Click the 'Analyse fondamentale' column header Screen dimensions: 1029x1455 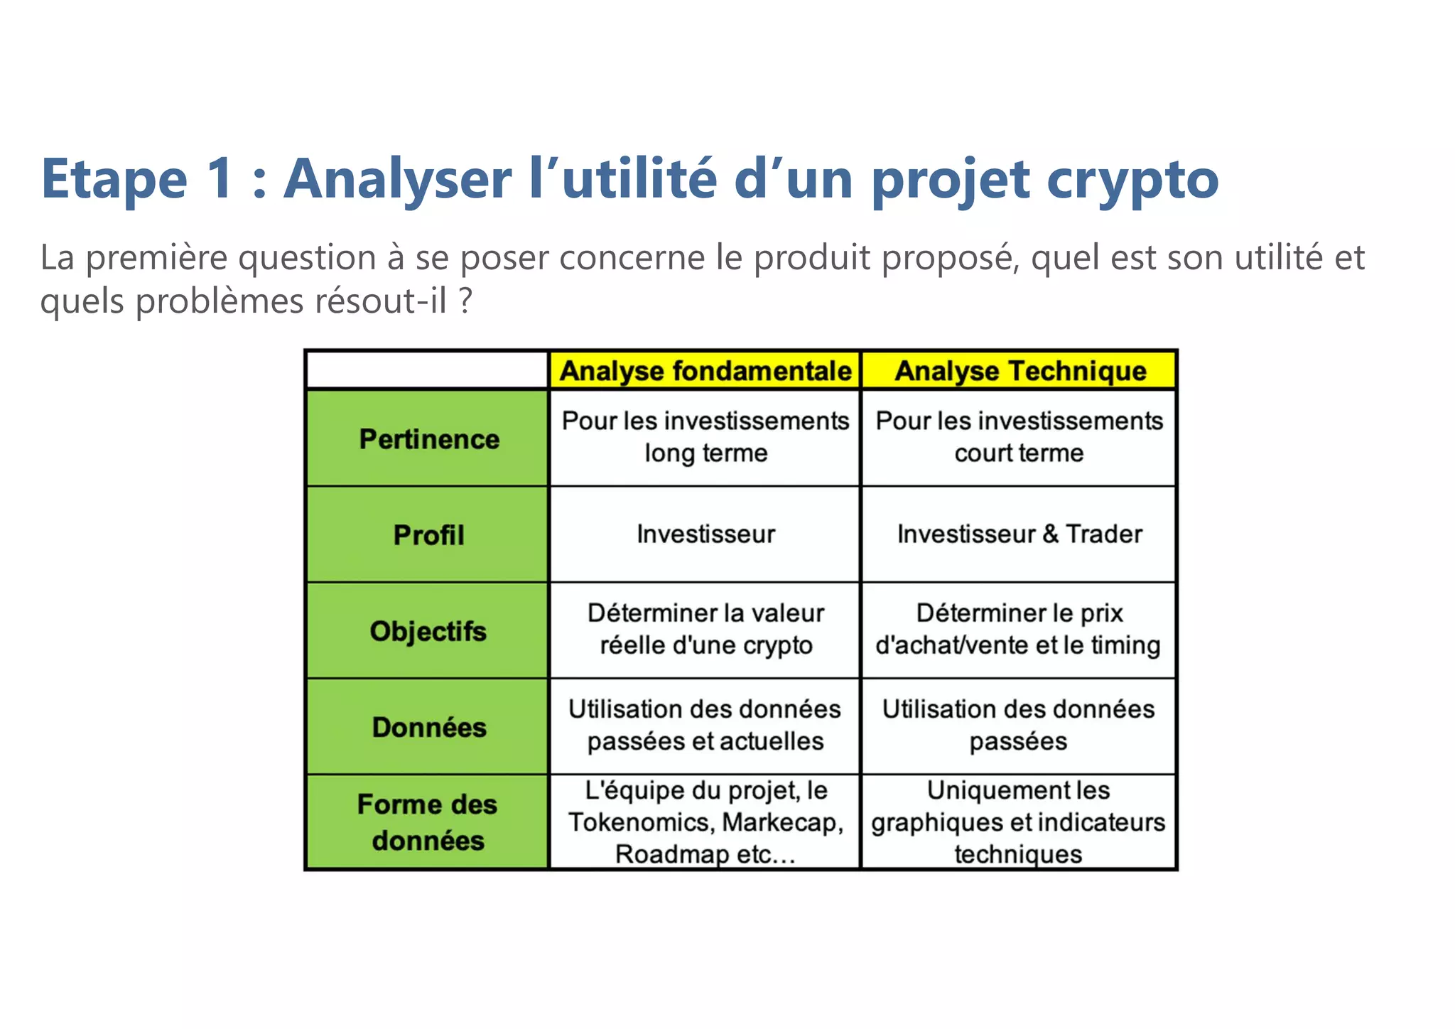click(705, 371)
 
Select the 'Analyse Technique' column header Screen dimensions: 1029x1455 click(1019, 371)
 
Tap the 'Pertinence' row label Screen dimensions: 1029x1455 click(428, 438)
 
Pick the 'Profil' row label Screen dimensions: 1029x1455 click(428, 534)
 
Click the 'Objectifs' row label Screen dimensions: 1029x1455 click(428, 630)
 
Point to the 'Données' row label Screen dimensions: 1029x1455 click(428, 726)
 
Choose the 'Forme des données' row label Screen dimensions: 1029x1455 click(428, 822)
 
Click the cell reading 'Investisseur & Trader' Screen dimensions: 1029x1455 click(1019, 534)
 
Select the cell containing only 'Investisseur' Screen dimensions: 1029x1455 click(705, 534)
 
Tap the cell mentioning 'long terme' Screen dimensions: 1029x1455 click(705, 437)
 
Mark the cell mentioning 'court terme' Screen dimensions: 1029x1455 click(1019, 437)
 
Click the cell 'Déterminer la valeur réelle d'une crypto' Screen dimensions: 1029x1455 click(705, 630)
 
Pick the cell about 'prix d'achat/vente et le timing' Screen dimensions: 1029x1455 click(1019, 630)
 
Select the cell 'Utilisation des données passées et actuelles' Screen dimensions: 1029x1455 click(705, 726)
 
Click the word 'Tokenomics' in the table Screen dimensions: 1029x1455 click(641, 822)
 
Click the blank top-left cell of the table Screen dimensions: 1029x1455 click(427, 370)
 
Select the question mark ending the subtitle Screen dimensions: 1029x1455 click(465, 301)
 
